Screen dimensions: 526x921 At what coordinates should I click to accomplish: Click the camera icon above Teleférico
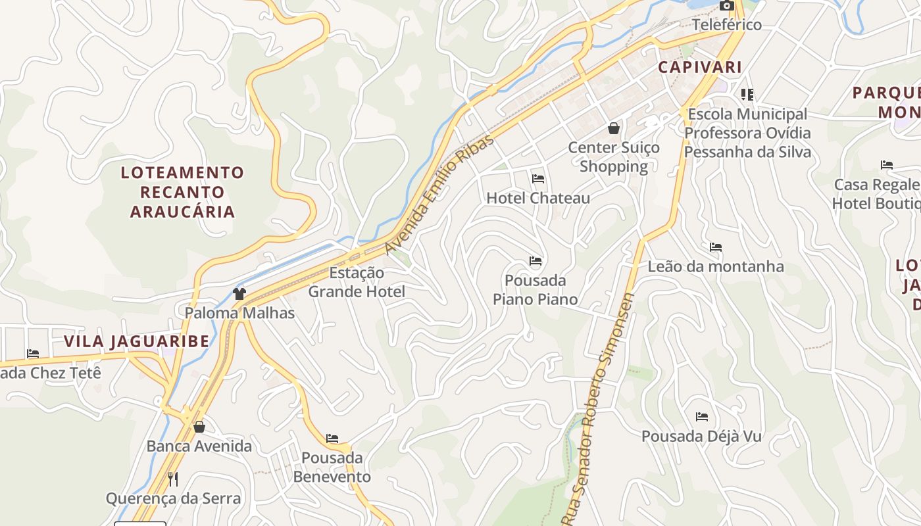[726, 6]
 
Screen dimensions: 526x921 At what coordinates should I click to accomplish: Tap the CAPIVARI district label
[700, 67]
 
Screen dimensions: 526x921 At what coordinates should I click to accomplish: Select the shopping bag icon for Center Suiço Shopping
[614, 128]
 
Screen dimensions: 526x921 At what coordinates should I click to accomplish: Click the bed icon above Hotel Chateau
[538, 179]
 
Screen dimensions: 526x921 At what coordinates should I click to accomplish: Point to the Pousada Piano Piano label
[535, 290]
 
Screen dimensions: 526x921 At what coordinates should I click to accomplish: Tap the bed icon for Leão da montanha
[716, 248]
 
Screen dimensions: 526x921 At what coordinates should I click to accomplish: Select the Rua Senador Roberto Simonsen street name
[601, 408]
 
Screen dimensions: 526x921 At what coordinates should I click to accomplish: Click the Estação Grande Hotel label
[357, 282]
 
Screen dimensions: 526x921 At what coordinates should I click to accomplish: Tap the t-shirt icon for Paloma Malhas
[239, 294]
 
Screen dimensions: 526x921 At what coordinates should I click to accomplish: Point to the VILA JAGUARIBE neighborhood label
[136, 341]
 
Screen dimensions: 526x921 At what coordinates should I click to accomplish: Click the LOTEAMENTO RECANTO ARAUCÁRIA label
[182, 192]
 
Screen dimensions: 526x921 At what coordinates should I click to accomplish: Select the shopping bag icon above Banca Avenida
[199, 427]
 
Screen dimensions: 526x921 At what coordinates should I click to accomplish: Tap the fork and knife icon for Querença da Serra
[173, 479]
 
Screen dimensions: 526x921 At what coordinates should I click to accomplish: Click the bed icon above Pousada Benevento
[332, 439]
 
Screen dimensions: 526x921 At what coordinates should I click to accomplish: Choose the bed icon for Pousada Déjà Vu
[702, 417]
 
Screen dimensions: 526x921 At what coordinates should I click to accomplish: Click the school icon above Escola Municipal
[747, 95]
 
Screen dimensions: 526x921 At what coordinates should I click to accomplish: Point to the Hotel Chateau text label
[538, 198]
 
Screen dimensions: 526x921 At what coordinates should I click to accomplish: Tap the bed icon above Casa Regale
[887, 165]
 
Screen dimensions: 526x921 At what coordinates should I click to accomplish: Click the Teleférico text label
[727, 25]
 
